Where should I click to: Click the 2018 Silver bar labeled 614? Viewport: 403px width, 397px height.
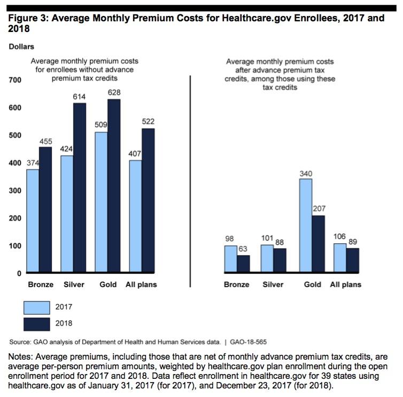point(79,188)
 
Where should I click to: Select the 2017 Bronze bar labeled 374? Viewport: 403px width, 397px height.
point(33,221)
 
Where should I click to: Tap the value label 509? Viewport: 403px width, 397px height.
point(101,126)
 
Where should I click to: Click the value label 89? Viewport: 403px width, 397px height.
point(352,242)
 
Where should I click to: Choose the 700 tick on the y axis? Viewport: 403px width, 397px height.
point(14,80)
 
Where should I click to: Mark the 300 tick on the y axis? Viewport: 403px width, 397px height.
point(14,190)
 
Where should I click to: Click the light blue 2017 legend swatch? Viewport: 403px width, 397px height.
point(36,307)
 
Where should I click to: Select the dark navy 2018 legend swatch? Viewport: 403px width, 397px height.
point(36,323)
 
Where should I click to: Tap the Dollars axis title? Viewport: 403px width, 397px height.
point(21,47)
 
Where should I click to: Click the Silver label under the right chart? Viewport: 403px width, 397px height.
point(273,284)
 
